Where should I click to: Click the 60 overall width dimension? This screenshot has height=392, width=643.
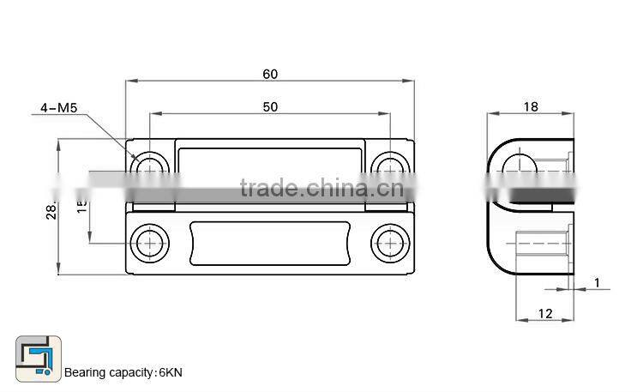(270, 75)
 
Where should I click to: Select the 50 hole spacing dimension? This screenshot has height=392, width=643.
(270, 106)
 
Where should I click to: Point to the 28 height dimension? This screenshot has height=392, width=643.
(51, 210)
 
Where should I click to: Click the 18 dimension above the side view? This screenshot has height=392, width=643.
(530, 106)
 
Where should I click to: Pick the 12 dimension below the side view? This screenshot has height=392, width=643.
(545, 314)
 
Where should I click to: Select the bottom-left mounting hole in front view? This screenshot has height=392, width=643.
(150, 244)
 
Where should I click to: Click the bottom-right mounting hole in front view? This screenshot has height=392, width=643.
(390, 244)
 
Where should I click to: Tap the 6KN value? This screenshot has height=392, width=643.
(170, 372)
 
